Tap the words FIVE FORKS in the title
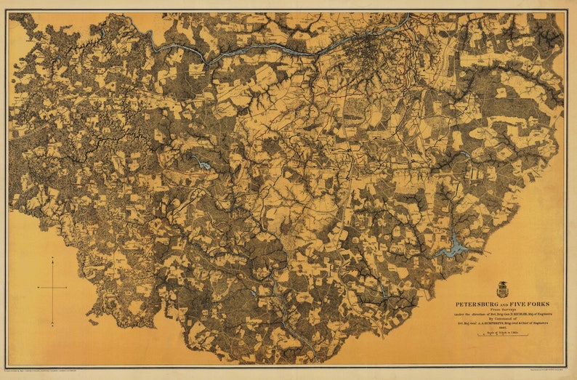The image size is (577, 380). [530, 304]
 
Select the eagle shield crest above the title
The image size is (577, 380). [502, 289]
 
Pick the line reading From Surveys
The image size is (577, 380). [502, 310]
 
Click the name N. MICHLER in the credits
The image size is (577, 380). [525, 314]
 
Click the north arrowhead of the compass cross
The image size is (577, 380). [52, 259]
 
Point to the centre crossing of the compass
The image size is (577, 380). [52, 288]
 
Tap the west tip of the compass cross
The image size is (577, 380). [38, 288]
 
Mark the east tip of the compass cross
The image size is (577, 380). [66, 288]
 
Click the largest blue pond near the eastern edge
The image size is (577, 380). [453, 248]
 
